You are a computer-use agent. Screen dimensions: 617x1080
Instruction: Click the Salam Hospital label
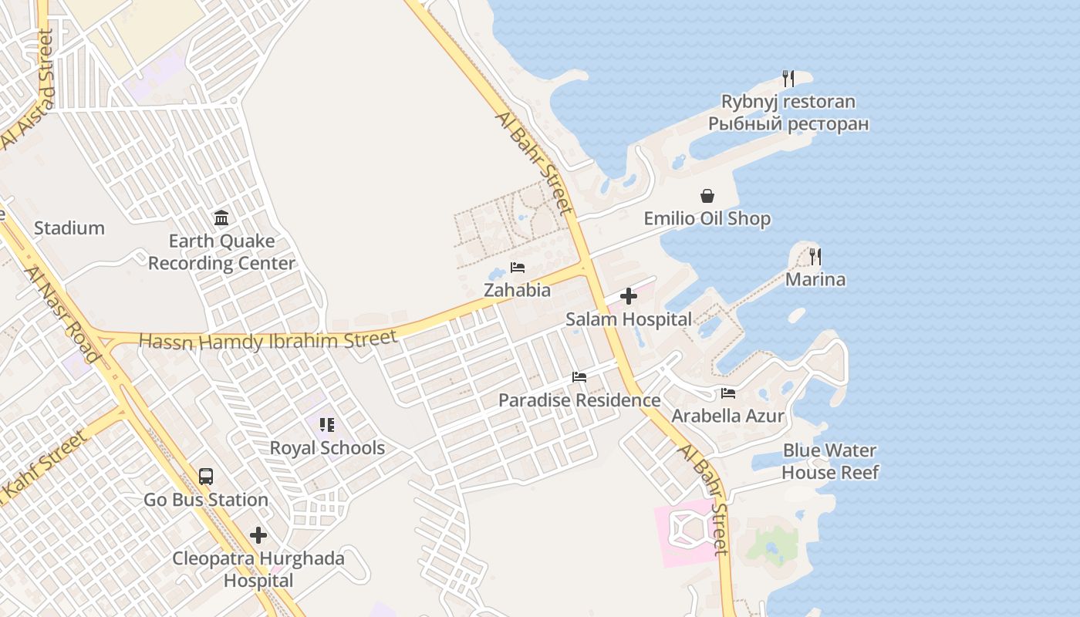pos(629,319)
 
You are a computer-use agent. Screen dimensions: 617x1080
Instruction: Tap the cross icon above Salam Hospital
pos(629,296)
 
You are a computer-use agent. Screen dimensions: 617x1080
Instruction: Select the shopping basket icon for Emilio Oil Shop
pos(707,196)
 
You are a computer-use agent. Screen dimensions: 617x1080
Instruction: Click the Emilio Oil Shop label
pos(707,218)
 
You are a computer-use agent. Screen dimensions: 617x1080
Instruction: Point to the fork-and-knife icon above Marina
pos(815,256)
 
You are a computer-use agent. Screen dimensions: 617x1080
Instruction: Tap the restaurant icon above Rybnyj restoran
pos(788,78)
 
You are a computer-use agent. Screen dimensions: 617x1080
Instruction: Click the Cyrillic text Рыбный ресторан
pos(788,123)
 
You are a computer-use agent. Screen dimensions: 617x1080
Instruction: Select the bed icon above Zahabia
pos(517,268)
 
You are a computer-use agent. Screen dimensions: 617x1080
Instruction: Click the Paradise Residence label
pos(579,400)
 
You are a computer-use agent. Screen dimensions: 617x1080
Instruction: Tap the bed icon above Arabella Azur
pos(727,393)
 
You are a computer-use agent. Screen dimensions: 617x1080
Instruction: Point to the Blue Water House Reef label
pos(830,461)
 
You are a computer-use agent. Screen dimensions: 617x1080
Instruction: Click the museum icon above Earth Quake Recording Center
pos(221,218)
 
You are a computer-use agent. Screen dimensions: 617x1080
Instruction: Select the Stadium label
pos(69,228)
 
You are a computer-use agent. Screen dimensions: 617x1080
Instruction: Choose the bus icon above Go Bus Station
pos(206,477)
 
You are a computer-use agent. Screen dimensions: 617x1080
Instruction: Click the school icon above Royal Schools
pos(327,425)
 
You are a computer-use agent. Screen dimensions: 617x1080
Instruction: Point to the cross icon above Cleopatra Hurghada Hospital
pos(258,535)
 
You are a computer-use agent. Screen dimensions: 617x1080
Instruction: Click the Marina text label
pos(815,279)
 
